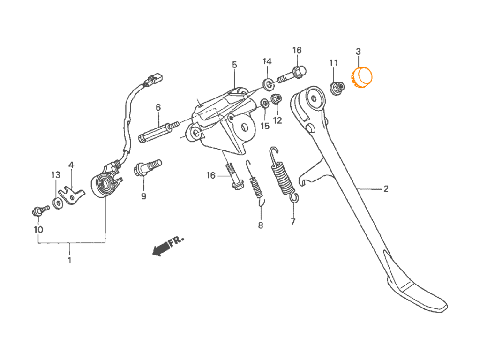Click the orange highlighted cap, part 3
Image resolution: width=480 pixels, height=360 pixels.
pos(361,77)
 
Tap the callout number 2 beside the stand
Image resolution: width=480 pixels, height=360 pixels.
pos(386,188)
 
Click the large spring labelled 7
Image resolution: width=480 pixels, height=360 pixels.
pos(284,174)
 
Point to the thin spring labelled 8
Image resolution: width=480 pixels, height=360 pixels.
pos(255,183)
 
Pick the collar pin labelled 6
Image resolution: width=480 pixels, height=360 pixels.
pos(159,131)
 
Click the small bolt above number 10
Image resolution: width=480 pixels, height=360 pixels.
pos(40,210)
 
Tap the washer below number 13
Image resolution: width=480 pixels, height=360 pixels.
pos(57,203)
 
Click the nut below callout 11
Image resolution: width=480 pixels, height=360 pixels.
pos(337,88)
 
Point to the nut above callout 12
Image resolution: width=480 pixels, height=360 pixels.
pos(277,98)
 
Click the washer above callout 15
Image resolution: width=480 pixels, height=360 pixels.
pos(264,103)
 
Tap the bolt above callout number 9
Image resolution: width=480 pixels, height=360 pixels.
pos(147,167)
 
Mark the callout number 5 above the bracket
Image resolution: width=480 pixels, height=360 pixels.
pos(234,65)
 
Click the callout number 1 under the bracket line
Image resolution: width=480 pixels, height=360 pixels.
pos(69,260)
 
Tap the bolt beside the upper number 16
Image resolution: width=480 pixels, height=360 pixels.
pos(292,75)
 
